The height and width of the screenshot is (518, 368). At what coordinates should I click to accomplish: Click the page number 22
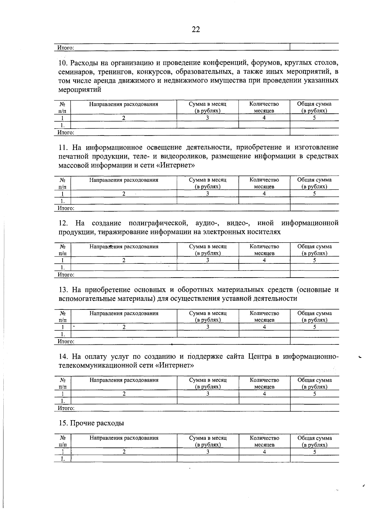coord(196,29)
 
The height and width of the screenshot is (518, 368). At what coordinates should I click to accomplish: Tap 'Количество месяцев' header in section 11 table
coord(264,183)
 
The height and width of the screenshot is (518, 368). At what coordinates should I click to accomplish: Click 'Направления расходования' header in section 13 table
coord(124,313)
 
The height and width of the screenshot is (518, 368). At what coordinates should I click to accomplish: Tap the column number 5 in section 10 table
coord(314,118)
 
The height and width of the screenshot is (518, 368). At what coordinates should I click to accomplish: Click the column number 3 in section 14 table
coord(208,394)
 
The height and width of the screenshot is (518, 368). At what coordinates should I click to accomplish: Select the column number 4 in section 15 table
coord(264,452)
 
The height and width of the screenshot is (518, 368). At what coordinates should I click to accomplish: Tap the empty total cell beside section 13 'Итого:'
coord(314,341)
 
